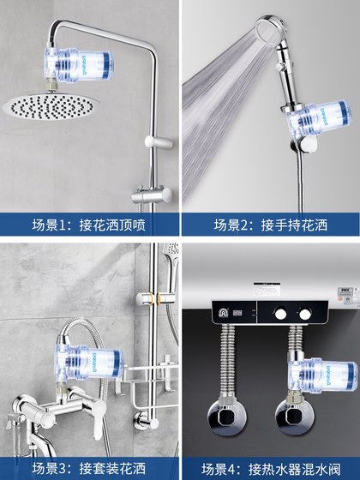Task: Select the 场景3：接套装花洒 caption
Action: (x=88, y=468)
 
